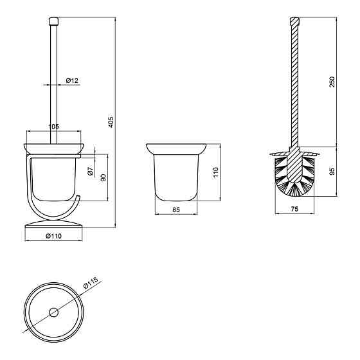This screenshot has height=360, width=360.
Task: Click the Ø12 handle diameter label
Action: point(72,80)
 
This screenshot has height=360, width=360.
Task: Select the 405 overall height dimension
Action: point(111,122)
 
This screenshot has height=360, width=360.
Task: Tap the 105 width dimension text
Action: point(54,126)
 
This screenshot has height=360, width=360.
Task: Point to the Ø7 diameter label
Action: point(91,170)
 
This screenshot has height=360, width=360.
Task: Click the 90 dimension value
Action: point(104,177)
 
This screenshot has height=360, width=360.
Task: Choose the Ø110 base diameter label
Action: point(54,236)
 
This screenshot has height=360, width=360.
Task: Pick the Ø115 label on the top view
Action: point(91,283)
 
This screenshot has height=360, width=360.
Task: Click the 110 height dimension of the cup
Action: point(216,172)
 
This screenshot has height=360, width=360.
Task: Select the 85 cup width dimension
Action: point(176,210)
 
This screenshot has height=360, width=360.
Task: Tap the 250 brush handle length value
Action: point(332,82)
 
